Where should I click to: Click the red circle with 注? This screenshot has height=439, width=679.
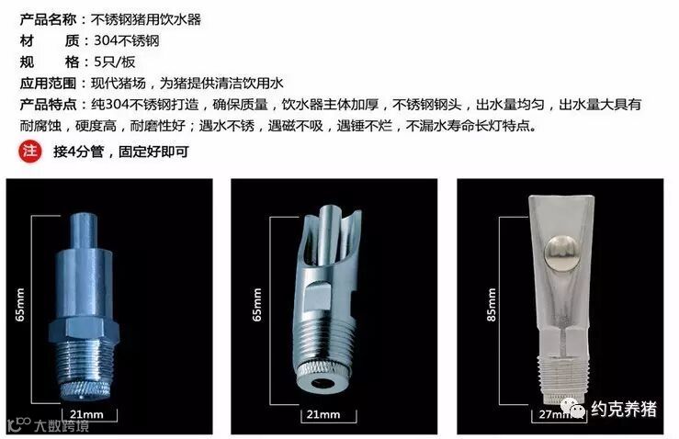click(30, 152)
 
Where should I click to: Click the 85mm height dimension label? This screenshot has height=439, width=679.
click(491, 305)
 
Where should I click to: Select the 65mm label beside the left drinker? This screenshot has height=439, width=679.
click(20, 305)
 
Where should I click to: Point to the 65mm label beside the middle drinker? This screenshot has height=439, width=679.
click(257, 305)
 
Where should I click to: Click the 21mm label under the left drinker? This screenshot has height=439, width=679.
click(86, 414)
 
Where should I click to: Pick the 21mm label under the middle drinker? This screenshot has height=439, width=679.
click(323, 414)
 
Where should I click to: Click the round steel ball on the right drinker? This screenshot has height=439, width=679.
click(561, 253)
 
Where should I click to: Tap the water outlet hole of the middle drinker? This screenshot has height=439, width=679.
click(322, 383)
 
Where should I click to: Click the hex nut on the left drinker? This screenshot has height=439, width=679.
click(83, 330)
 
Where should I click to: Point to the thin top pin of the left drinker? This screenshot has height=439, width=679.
click(83, 231)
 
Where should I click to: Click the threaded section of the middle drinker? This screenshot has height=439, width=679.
click(324, 342)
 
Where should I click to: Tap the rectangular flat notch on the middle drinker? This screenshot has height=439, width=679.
click(318, 296)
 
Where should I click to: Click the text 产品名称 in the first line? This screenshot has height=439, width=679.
click(48, 19)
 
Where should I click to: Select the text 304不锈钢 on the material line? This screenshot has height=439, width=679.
click(127, 40)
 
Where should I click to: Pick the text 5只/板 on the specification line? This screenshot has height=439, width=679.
click(114, 62)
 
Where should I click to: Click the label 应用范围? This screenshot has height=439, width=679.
click(48, 84)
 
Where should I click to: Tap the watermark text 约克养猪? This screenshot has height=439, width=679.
click(624, 409)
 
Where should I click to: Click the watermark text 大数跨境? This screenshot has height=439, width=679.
click(62, 425)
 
